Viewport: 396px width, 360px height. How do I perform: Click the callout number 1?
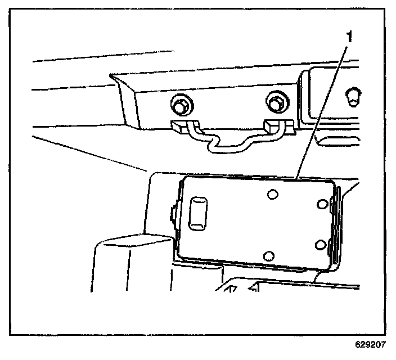coord(348,38)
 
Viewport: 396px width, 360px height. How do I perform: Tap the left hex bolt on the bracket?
coord(179,105)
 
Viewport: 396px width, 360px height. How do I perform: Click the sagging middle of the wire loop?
coord(228,148)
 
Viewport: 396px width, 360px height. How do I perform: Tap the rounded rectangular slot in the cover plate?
coord(199,213)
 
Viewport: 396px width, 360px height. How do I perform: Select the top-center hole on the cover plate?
coord(272,195)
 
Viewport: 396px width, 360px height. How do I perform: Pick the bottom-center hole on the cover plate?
coord(270,255)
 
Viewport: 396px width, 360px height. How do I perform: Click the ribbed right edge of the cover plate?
coord(336,225)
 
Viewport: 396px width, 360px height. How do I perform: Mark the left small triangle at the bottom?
coord(231,289)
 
